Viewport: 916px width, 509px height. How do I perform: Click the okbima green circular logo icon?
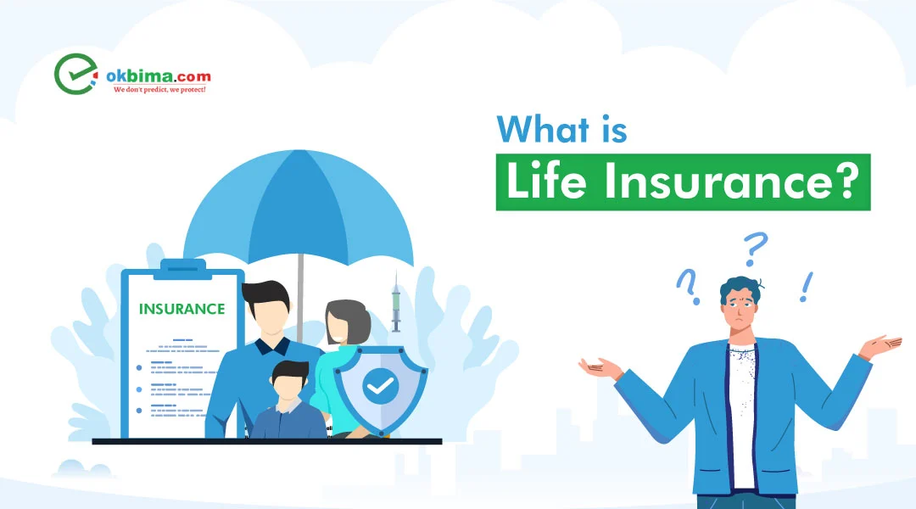point(75,74)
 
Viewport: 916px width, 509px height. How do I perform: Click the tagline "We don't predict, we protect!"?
point(159,89)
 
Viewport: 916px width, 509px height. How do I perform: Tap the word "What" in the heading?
point(543,129)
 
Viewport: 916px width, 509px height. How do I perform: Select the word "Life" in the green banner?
point(546,182)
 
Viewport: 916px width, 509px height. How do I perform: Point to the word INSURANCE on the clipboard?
point(182,309)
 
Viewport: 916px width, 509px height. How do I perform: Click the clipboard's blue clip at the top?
point(183,269)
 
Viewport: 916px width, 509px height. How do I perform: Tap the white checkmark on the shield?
point(380,386)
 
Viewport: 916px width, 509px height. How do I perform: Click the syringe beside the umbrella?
point(395,303)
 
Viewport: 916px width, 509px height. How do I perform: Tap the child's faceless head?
point(290,381)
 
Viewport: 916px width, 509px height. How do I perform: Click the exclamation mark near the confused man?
point(807,287)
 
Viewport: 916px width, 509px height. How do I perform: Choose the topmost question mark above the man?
point(755,249)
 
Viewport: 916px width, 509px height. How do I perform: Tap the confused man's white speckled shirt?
point(742,416)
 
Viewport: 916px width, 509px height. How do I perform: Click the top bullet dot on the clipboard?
point(139,367)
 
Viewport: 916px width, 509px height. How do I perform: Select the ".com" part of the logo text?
point(193,76)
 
